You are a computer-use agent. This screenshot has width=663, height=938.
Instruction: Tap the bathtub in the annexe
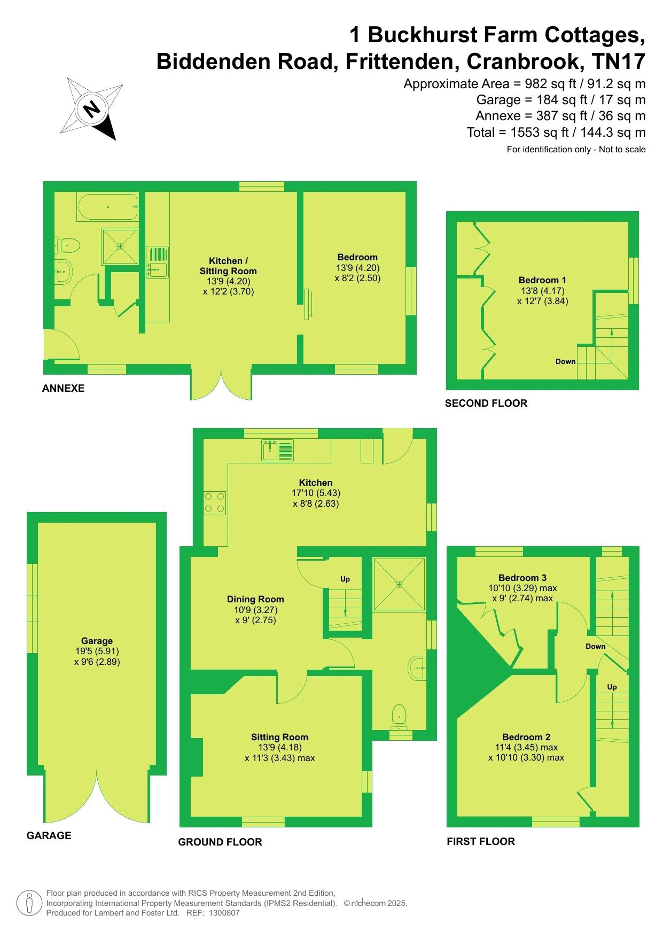(x=108, y=207)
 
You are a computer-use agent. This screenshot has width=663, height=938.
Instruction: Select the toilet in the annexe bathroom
(x=70, y=245)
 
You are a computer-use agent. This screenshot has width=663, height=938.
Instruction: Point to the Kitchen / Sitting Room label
(x=228, y=266)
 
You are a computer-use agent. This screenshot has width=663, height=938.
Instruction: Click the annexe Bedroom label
(x=357, y=257)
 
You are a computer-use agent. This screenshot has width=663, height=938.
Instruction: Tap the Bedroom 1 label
(x=542, y=280)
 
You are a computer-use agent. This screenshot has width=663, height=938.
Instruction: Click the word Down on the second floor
(x=565, y=361)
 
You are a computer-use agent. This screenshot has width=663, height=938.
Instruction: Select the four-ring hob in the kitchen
(x=214, y=502)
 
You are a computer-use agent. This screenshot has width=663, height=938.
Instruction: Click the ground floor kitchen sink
(x=277, y=450)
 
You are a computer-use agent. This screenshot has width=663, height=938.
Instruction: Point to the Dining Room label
(x=255, y=599)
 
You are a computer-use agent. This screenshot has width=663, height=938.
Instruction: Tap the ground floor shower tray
(x=399, y=584)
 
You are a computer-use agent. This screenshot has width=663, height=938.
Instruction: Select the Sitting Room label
(x=279, y=737)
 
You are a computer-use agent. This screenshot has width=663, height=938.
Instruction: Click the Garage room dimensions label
(x=97, y=656)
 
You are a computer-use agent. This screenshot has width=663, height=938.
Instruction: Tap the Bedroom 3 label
(x=522, y=578)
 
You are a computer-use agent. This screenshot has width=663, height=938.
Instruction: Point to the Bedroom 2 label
(x=526, y=737)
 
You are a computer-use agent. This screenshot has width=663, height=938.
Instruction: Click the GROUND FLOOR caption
(x=220, y=842)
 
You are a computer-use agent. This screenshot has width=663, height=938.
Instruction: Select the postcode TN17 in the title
(x=619, y=61)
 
